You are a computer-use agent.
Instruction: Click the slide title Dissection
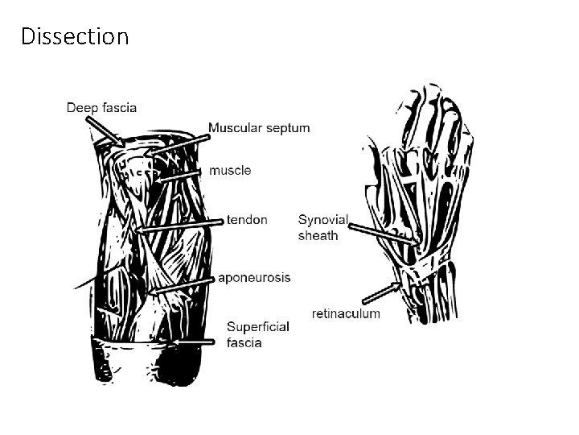[x=75, y=36]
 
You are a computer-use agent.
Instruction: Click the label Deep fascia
[x=101, y=107]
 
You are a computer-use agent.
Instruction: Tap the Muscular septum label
[x=259, y=127]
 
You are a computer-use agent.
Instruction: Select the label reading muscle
[x=230, y=170]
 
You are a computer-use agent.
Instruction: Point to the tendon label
[x=247, y=219]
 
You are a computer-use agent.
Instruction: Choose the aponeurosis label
[x=254, y=277]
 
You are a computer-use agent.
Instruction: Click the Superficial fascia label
[x=257, y=334]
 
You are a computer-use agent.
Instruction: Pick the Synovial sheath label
[x=323, y=227]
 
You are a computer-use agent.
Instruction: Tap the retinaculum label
[x=346, y=313]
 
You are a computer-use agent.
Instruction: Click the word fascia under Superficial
[x=244, y=342]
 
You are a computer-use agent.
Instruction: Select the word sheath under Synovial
[x=318, y=236]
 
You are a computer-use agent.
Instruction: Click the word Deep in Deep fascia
[x=81, y=107]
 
